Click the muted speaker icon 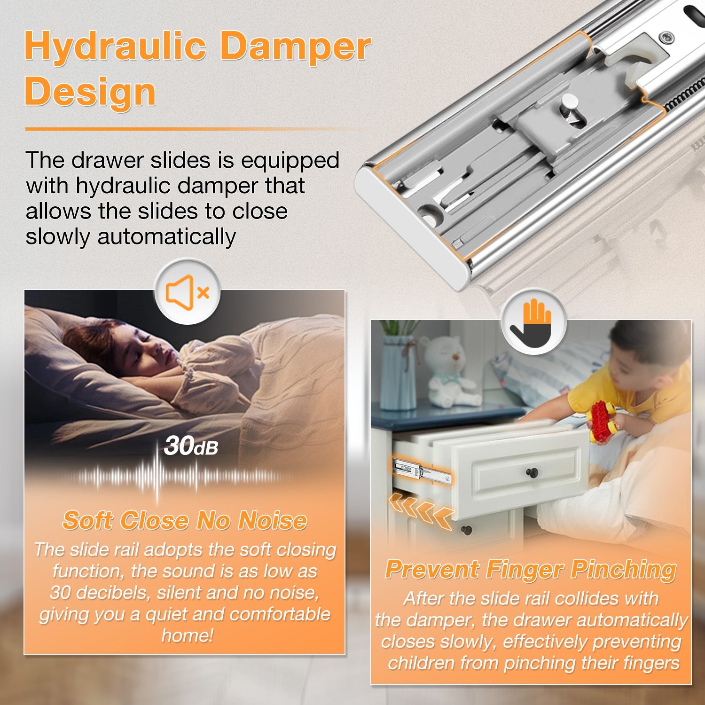pos(187,292)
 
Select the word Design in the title pos(90,92)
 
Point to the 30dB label pos(191,446)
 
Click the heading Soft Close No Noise pos(185,521)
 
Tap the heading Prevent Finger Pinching pos(531,570)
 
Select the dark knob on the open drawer pos(532,471)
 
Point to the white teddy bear pos(451,371)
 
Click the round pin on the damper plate pos(570,104)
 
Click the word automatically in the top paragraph pos(166,236)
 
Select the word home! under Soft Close pos(188,635)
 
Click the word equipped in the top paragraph pos(290,160)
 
